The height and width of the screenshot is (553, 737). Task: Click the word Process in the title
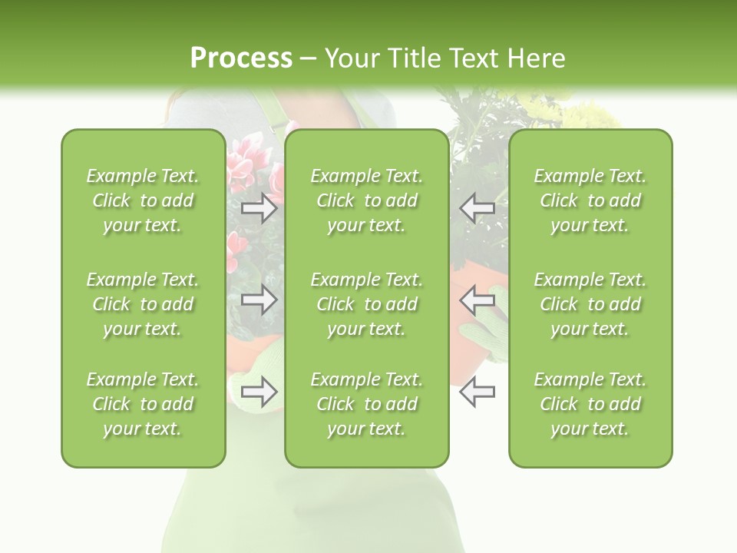click(x=241, y=58)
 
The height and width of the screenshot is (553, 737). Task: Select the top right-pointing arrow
click(x=259, y=208)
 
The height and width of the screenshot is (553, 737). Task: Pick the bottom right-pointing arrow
click(x=259, y=392)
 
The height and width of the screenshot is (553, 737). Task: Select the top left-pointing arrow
click(x=477, y=207)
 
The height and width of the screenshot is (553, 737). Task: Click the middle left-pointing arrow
click(x=477, y=299)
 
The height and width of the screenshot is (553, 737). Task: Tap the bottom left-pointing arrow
click(x=477, y=392)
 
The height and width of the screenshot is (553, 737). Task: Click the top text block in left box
click(x=143, y=200)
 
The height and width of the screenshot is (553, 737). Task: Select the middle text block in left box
click(x=143, y=304)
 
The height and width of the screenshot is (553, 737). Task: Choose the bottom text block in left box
click(x=143, y=404)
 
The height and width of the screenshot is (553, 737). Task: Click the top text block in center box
click(x=366, y=200)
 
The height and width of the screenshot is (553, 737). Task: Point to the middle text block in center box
click(x=366, y=304)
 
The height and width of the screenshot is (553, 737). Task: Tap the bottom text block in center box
click(x=366, y=404)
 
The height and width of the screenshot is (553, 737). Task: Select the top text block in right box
click(x=590, y=200)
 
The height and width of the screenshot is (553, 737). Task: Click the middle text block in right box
click(x=590, y=304)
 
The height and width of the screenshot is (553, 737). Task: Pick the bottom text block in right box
click(x=590, y=404)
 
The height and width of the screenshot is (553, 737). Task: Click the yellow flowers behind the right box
click(x=591, y=115)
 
